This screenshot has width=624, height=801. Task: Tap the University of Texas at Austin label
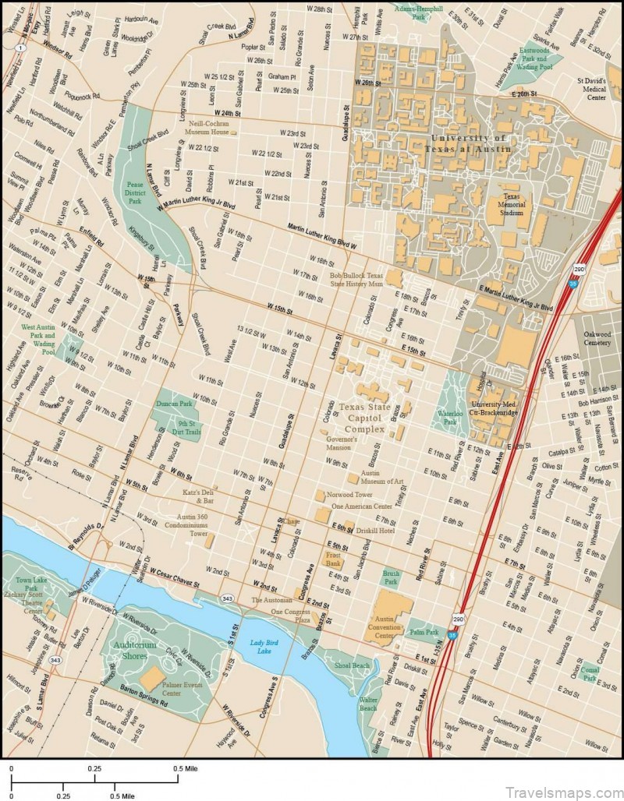point(470,143)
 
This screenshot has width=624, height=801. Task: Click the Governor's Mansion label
point(341,444)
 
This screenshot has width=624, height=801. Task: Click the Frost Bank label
point(334,558)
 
